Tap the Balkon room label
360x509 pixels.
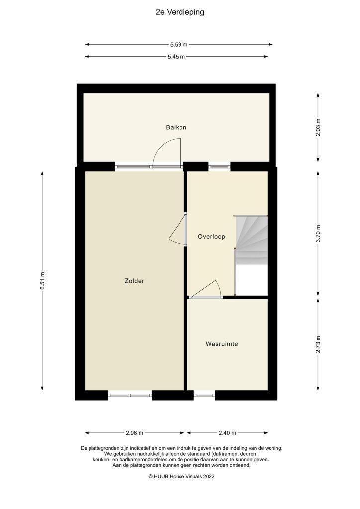point(176,127)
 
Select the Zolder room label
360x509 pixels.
point(134,281)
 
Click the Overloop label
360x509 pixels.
point(211,237)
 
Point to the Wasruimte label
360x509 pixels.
point(222,343)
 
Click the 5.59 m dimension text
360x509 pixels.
point(179,44)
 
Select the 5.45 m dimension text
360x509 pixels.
point(176,57)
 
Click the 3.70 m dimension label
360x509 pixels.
point(318,233)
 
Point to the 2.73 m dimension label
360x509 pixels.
point(318,343)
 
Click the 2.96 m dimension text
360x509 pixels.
point(134,432)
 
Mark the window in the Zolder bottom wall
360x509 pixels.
point(130,396)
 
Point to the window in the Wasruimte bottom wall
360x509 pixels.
point(204,396)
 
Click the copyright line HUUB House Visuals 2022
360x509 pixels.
point(181,476)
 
